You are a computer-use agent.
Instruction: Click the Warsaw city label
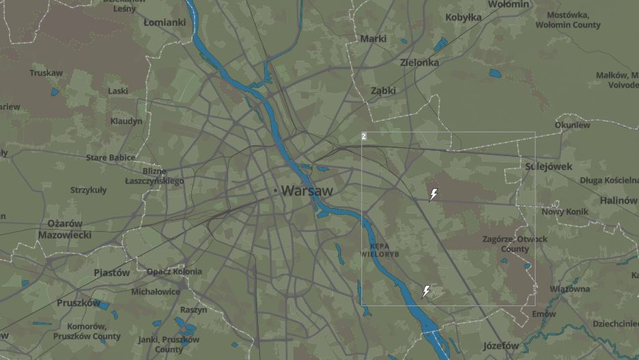point(307,191)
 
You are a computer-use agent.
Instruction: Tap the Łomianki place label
point(165,22)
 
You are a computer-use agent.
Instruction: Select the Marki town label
point(373,38)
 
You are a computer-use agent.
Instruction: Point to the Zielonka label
point(419,62)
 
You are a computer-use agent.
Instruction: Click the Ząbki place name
point(384,90)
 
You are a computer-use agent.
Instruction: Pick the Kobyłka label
point(464,17)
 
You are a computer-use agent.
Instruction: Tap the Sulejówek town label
point(549,166)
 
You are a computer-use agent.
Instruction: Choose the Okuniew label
point(572,125)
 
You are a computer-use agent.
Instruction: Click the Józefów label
point(501,345)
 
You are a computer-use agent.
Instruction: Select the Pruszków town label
point(79,303)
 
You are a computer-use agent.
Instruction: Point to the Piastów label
point(112,273)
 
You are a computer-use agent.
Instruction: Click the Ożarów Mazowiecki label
point(65,229)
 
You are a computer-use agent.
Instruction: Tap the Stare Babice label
point(111,158)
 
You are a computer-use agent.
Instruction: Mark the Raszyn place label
point(194,309)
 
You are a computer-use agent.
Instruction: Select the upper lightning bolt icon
point(433,195)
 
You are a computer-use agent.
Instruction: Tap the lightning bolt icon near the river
point(426,292)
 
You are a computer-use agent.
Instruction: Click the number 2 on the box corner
point(364,137)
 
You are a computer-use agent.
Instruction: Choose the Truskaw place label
point(46,73)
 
